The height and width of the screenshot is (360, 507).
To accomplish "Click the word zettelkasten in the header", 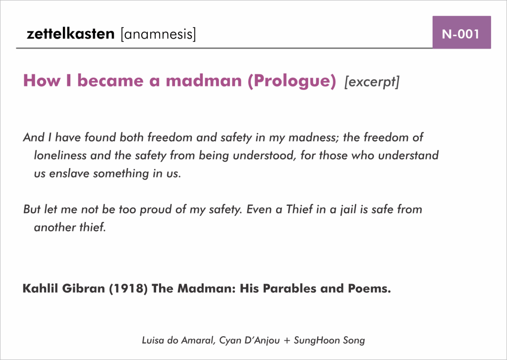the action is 70,34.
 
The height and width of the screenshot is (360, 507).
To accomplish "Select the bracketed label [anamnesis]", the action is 159,34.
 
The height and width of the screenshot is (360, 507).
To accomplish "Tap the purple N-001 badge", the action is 462,32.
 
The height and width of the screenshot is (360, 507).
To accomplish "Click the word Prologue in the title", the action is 292,80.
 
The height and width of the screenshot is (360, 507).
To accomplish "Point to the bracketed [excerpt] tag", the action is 372,81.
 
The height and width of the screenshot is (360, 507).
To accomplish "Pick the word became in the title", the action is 111,80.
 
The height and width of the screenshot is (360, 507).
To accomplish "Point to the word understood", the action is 265,156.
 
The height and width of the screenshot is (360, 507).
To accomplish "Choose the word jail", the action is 347,210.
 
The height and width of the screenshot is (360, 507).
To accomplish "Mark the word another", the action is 52,228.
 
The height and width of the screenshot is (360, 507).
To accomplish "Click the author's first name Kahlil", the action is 41,288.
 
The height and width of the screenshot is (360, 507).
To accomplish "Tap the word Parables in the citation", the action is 289,288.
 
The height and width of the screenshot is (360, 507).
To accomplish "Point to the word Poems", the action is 370,288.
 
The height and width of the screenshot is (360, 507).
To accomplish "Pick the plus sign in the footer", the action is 287,341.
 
